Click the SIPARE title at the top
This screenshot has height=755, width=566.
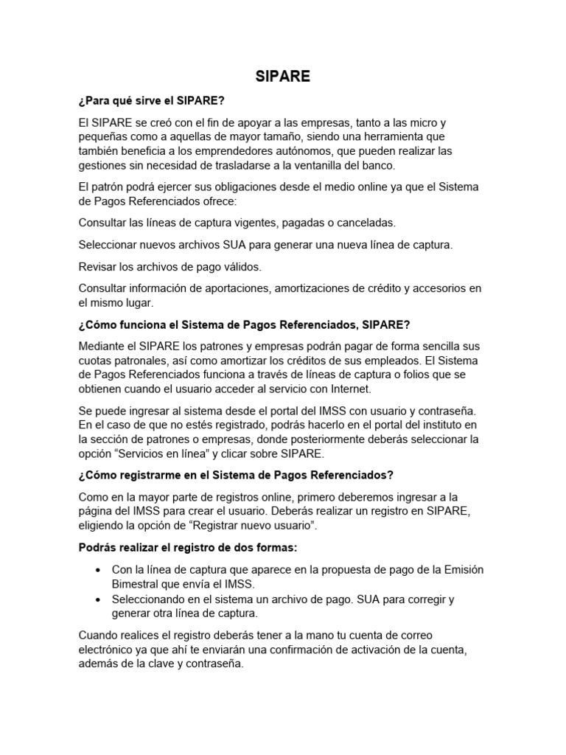tap(283, 77)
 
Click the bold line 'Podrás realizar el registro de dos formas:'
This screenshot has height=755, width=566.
tap(187, 548)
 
